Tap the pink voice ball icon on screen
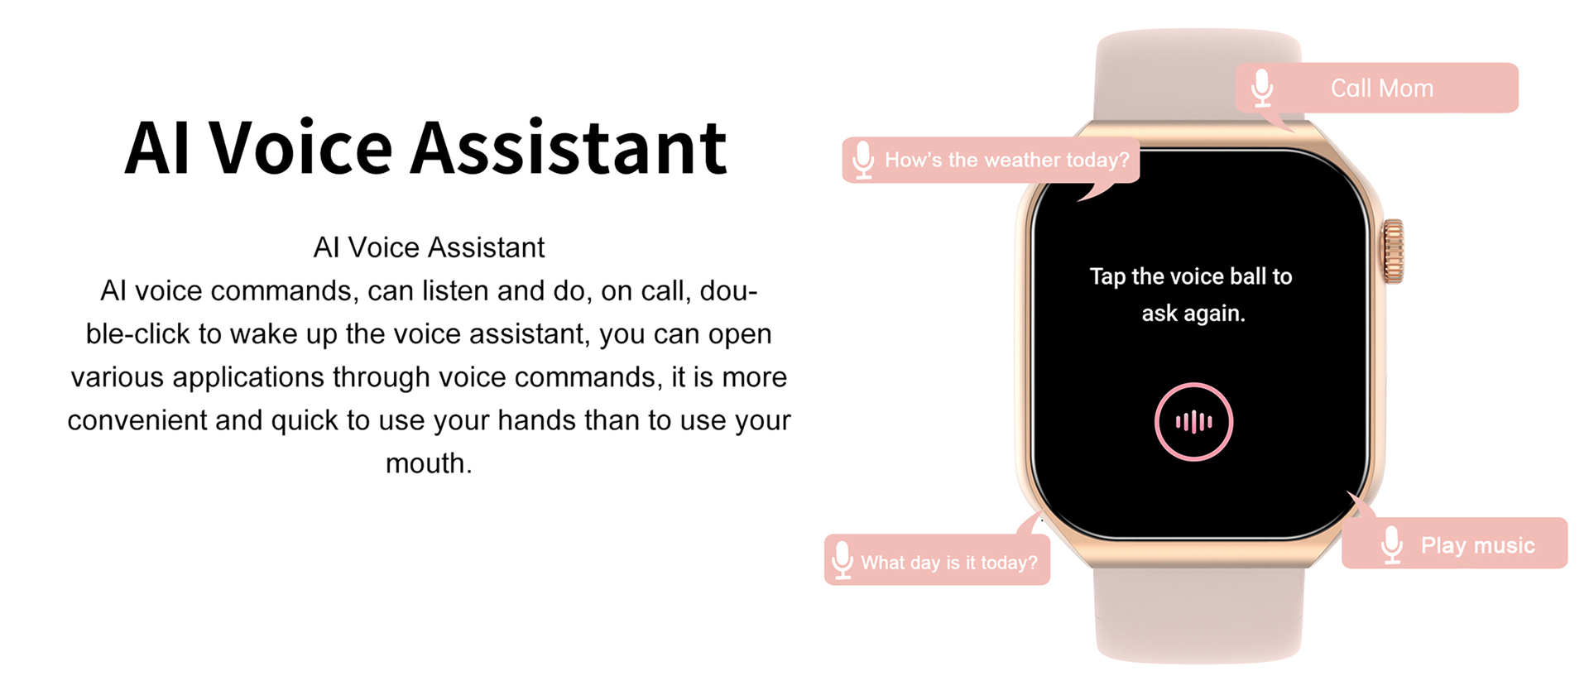point(1193,422)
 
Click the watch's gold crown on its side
point(1394,252)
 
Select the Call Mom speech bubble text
point(1382,88)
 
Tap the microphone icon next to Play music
point(1392,544)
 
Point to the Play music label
point(1478,545)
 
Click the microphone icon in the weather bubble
point(863,160)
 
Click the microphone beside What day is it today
point(843,560)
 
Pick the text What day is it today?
point(949,563)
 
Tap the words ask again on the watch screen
point(1193,314)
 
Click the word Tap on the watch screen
point(1107,276)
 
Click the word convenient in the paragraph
point(137,420)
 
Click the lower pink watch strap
point(1198,616)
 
